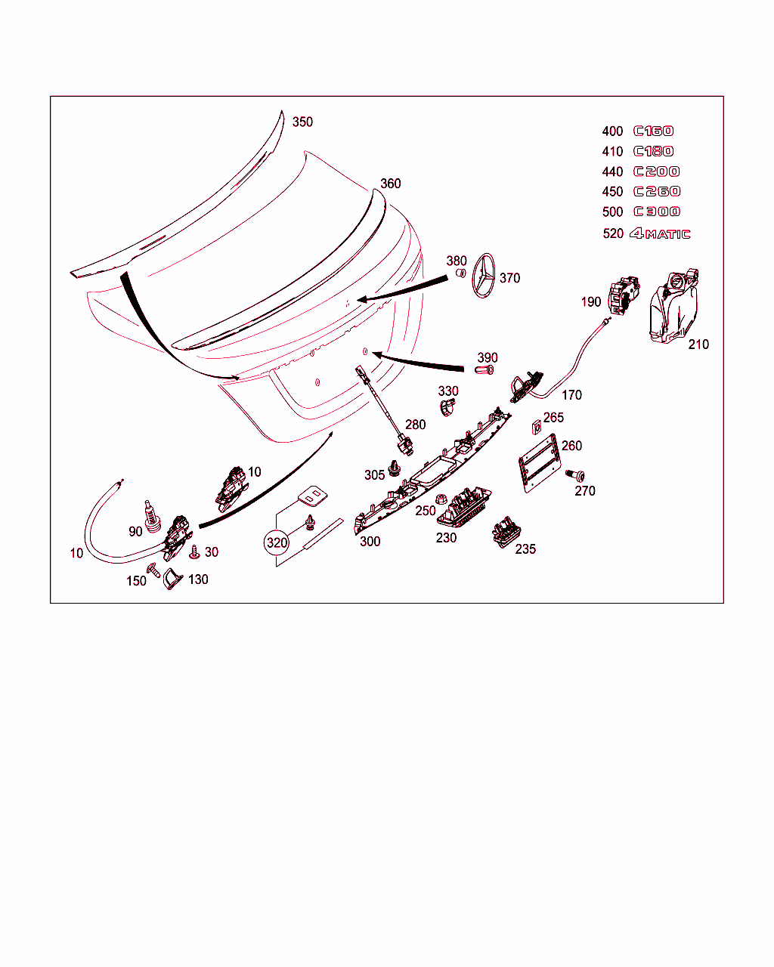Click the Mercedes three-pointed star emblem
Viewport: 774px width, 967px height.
coord(484,276)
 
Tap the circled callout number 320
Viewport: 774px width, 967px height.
coord(277,543)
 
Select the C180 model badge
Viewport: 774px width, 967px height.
coord(654,151)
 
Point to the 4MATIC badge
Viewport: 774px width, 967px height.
coord(660,233)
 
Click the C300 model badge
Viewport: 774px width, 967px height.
coord(657,212)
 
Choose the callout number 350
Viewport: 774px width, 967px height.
coord(302,122)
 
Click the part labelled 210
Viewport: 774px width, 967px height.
coord(673,306)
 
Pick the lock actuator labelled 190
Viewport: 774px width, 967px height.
coord(624,296)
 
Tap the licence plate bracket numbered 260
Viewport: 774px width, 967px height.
coord(540,463)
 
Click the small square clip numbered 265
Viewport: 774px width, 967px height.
coord(536,428)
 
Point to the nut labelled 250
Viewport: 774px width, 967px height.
coord(441,499)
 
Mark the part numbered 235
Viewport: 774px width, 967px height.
coord(506,532)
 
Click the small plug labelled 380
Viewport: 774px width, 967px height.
coord(461,273)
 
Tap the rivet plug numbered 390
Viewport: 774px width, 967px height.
coord(485,370)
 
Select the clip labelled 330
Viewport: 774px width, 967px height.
coord(447,407)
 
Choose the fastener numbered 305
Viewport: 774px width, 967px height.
coord(395,468)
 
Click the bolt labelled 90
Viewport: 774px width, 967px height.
coord(152,517)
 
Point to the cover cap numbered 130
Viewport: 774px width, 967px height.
coord(172,579)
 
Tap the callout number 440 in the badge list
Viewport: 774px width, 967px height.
coord(612,171)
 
